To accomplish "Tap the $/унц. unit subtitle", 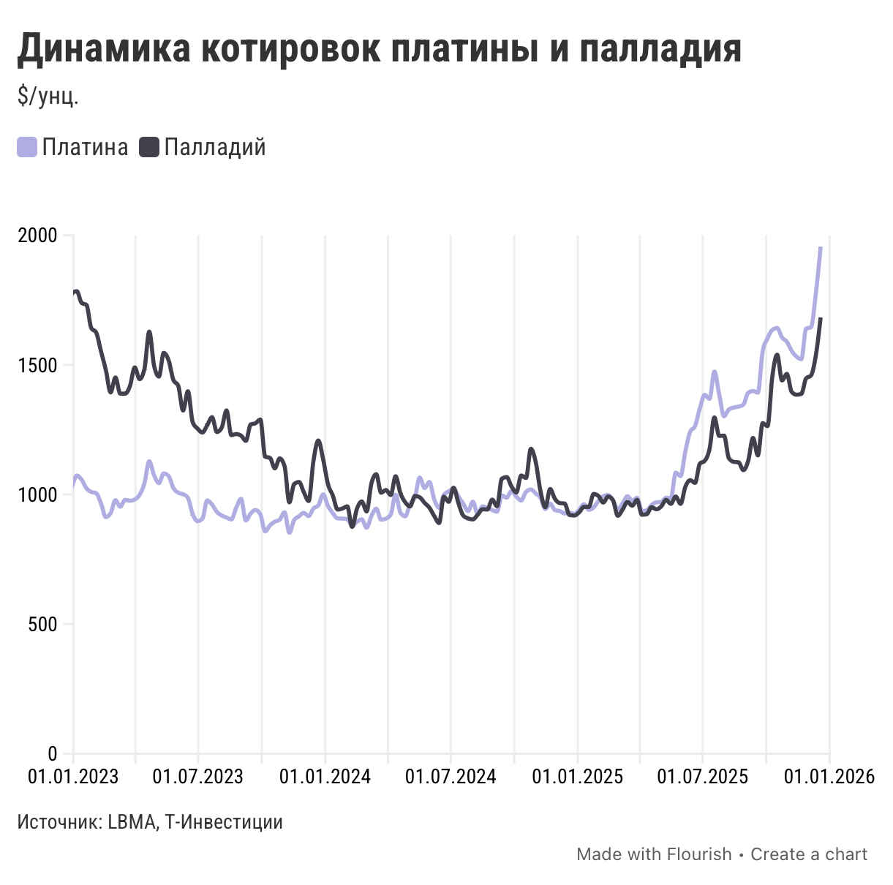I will [x=48, y=96].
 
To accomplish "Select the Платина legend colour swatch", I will [x=27, y=147].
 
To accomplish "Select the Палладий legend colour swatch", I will [x=149, y=147].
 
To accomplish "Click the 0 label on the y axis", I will [x=53, y=753].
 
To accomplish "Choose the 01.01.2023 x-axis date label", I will [x=73, y=776].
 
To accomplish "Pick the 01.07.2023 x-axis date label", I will [x=198, y=776].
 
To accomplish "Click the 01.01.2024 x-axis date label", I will [x=325, y=776].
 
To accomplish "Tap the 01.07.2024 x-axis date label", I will [x=451, y=776].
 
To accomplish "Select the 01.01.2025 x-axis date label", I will [x=577, y=776].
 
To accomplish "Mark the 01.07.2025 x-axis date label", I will [x=702, y=776].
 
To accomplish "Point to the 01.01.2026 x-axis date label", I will [x=829, y=776].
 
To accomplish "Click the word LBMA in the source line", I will [x=132, y=822].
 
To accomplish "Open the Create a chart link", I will [x=809, y=854].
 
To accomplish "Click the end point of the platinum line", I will [x=821, y=248].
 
